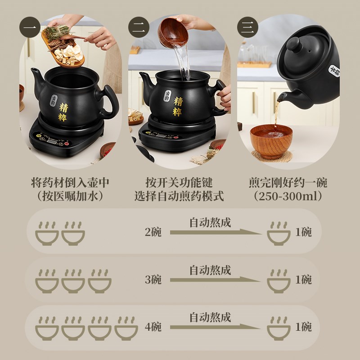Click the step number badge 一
point(30,27)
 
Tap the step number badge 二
point(138,27)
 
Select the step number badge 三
point(247,27)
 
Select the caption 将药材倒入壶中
point(70,183)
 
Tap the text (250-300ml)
point(288,197)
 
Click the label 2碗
point(153,232)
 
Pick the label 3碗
point(153,279)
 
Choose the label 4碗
point(153,327)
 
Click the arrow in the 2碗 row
point(215,232)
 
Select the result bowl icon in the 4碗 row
point(278,328)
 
